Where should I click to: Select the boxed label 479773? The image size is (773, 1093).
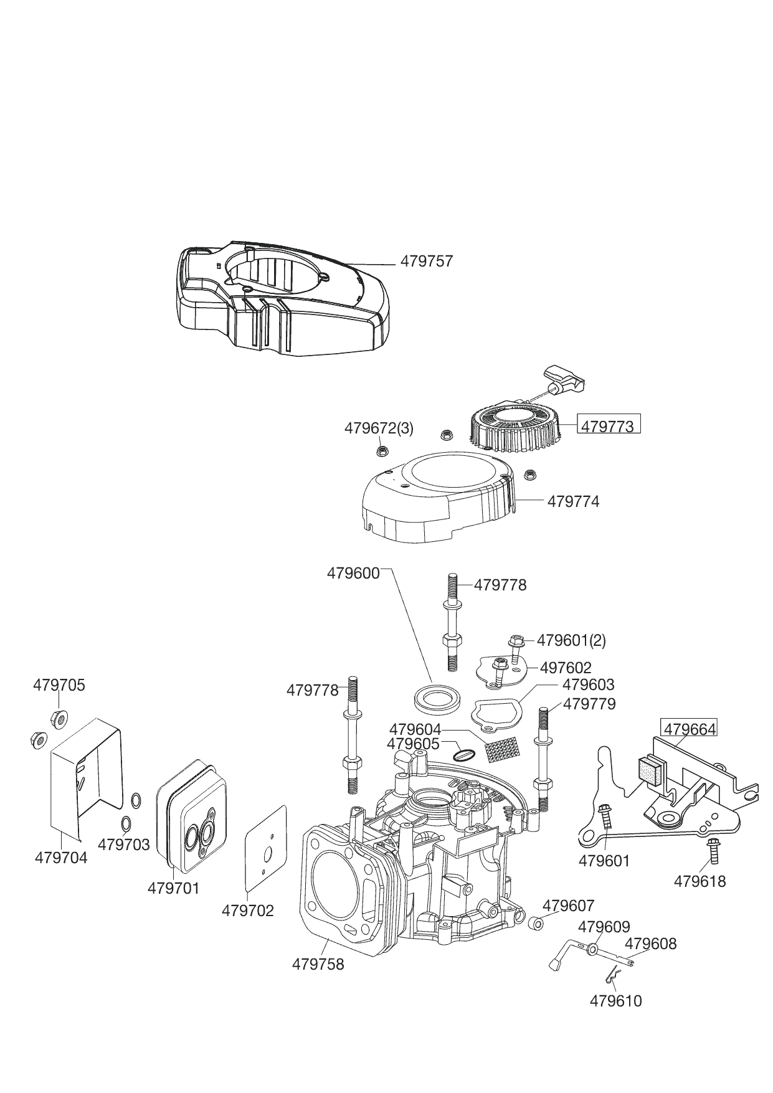click(x=607, y=426)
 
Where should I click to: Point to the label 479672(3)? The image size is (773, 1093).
click(x=379, y=428)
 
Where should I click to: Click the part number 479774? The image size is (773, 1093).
click(x=573, y=501)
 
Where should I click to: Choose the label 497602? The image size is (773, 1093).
click(x=566, y=668)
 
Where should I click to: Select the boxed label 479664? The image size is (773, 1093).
click(x=689, y=729)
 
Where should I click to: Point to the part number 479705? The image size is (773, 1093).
click(x=59, y=685)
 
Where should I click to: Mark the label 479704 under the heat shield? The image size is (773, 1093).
click(x=61, y=857)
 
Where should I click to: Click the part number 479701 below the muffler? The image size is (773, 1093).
click(x=174, y=888)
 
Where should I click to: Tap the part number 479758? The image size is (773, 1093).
click(x=318, y=963)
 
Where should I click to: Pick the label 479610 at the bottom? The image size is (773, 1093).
click(x=615, y=1000)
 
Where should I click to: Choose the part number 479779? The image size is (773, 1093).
click(x=589, y=704)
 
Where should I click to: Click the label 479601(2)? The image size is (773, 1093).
click(x=571, y=640)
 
